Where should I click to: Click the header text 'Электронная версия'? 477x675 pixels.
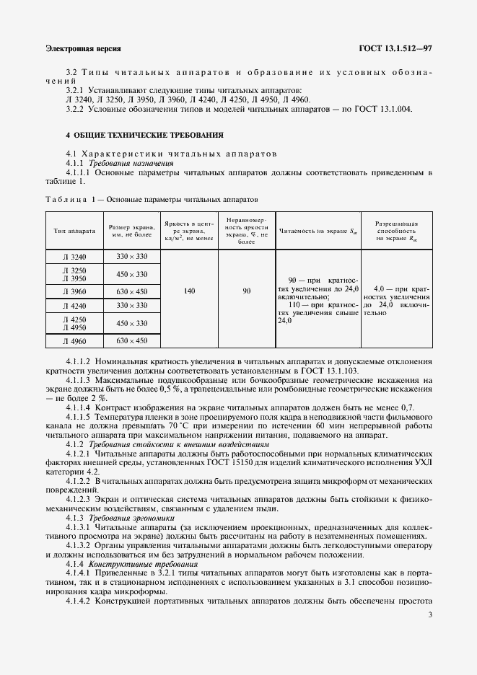[x=82, y=49]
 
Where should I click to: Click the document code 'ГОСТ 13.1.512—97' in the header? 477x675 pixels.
[x=395, y=49]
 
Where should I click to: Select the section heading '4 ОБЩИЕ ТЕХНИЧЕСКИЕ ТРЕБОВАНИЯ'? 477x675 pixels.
[x=144, y=135]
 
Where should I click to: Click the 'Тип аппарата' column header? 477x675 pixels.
[x=74, y=231]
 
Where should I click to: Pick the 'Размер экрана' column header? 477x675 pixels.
[x=131, y=231]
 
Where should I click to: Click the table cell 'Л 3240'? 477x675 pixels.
[x=74, y=257]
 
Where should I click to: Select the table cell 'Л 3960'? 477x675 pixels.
[x=74, y=291]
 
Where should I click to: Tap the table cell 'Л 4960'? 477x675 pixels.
[x=74, y=340]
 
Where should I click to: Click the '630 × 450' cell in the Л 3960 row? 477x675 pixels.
[x=131, y=291]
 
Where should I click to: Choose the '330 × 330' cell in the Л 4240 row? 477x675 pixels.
[x=131, y=306]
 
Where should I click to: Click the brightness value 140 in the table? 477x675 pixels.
[x=190, y=291]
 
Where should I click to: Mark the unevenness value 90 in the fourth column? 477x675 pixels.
[x=247, y=291]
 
